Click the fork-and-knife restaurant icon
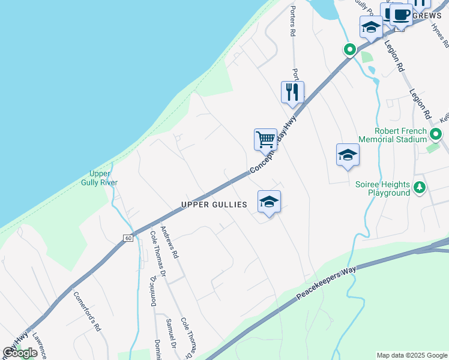[x=292, y=92]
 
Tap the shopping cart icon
[x=265, y=140]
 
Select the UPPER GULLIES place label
[x=214, y=205]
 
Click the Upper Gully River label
[x=100, y=178]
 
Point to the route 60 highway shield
[x=128, y=238]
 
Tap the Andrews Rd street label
[x=169, y=246]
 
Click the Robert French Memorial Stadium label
[x=400, y=136]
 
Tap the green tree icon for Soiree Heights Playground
[x=420, y=188]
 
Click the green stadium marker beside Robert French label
[x=436, y=134]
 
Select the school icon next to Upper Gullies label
[x=270, y=202]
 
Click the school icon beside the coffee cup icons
[x=371, y=27]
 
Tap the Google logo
[x=20, y=353]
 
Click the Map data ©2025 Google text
[x=411, y=355]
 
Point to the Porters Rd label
[x=293, y=21]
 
